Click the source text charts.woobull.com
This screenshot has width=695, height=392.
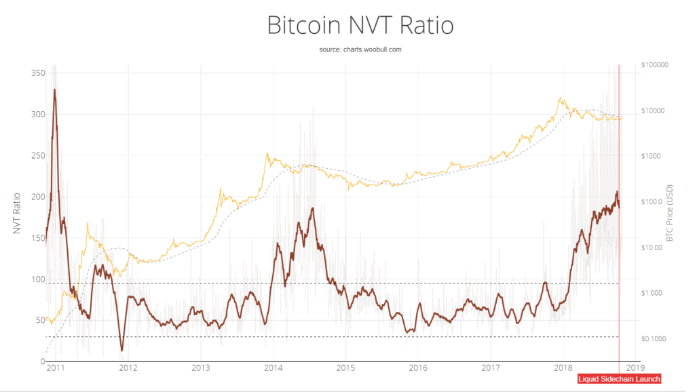pos(359,50)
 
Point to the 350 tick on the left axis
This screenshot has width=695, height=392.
pos(37,73)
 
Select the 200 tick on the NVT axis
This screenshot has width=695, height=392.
pos(37,197)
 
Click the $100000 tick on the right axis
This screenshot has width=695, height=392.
pos(654,65)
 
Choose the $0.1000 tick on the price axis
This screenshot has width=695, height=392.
pos(653,338)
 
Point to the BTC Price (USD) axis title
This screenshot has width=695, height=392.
pos(669,214)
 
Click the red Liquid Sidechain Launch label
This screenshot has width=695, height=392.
pos(618,379)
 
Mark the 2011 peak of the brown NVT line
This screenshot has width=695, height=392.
pos(54,90)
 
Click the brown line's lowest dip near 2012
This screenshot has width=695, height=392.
pos(121,351)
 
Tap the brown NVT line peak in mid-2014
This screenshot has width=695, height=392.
pos(313,208)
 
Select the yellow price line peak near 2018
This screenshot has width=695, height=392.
pos(561,98)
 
